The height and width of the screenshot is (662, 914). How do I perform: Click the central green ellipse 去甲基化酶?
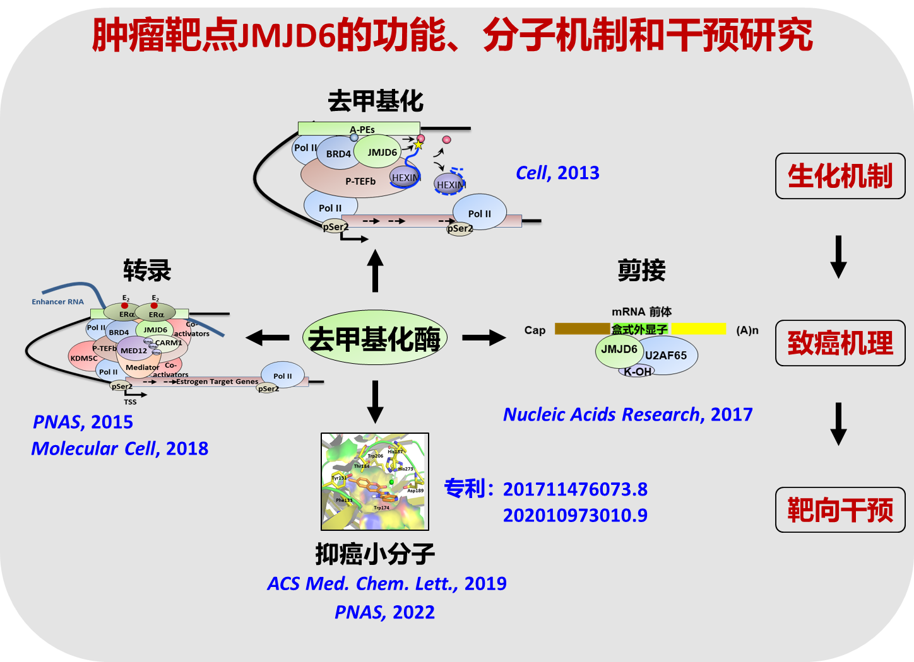click(375, 338)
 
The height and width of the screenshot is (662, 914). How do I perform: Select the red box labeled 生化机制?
click(840, 176)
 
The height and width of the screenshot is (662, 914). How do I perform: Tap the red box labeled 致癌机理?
click(840, 343)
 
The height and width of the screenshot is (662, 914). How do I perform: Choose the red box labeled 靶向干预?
click(840, 509)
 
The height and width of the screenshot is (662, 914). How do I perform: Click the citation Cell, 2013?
click(557, 173)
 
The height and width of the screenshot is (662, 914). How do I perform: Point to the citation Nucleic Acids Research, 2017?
click(627, 414)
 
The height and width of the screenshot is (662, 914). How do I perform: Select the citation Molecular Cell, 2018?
click(120, 448)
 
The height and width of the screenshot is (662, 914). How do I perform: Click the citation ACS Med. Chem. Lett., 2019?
click(386, 583)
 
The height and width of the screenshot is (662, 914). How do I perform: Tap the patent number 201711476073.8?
click(575, 489)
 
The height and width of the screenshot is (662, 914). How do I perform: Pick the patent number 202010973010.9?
click(575, 515)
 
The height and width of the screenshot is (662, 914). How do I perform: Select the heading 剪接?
click(641, 270)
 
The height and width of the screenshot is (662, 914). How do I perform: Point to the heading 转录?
click(147, 271)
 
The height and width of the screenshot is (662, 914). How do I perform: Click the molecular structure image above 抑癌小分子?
click(375, 481)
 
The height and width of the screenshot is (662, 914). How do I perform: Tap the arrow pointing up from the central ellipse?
click(376, 271)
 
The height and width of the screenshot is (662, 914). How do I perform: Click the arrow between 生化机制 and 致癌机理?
click(838, 257)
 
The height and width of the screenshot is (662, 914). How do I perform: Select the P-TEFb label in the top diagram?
click(360, 182)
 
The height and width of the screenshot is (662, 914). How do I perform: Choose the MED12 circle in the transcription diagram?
click(134, 351)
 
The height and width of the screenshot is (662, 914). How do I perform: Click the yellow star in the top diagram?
click(418, 145)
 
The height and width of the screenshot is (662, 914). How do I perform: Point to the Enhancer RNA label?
click(57, 302)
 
